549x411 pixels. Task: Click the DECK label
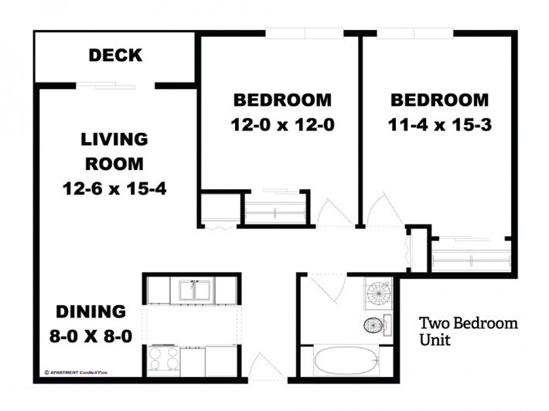[x=114, y=56]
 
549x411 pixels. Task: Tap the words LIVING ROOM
[x=114, y=151]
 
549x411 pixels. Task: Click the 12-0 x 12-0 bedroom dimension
[x=282, y=124]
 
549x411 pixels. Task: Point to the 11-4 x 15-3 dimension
[x=439, y=124]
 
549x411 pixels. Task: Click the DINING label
[x=90, y=312]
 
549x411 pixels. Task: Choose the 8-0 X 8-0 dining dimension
[x=90, y=337]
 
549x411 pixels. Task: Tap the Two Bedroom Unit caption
[x=468, y=331]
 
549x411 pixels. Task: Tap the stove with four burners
[x=164, y=359]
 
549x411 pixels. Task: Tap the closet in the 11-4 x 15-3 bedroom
[x=472, y=256]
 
